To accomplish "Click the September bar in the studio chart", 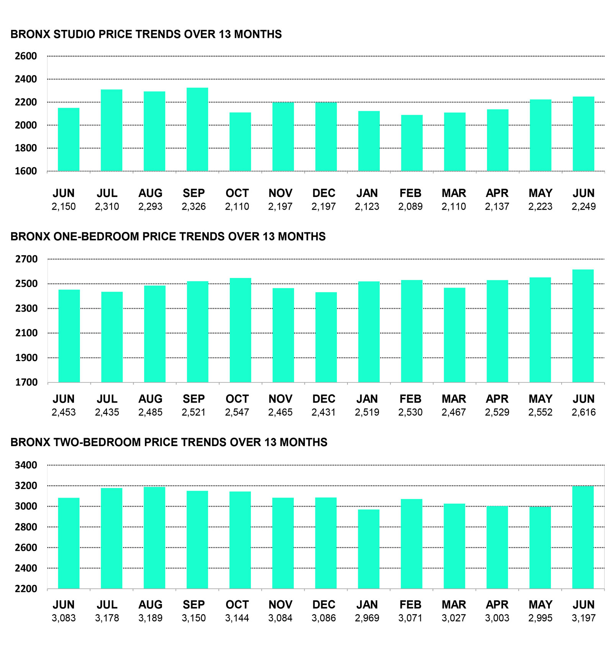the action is [197, 129].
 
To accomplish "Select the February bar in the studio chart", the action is [412, 143].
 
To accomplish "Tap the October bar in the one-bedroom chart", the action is [241, 330].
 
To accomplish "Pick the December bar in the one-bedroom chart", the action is [326, 337].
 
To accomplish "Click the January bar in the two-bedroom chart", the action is [369, 549].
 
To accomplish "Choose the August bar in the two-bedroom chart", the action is [154, 537].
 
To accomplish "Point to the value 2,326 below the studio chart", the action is [193, 207].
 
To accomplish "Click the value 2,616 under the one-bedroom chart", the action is [583, 412].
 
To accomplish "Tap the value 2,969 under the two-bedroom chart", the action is [367, 618].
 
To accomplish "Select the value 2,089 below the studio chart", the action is [410, 207].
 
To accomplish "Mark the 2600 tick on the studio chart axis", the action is [26, 56].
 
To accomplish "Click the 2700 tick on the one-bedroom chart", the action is [26, 259].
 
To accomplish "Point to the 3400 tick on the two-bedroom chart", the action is [26, 465].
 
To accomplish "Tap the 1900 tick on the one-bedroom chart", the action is [26, 358].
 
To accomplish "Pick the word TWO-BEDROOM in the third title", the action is [97, 442].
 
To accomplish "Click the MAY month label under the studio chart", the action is [540, 193].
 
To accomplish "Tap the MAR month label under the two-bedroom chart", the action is [454, 604].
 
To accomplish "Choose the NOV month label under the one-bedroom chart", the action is [280, 399].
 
